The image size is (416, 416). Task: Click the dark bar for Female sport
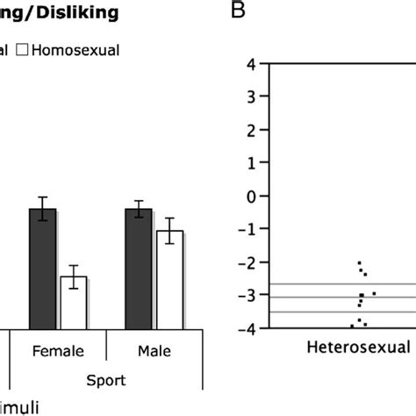43,269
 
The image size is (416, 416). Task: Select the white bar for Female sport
74,302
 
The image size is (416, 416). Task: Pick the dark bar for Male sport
139,269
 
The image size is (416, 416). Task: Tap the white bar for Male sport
169,279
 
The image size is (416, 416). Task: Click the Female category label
58,351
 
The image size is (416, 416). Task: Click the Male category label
154,351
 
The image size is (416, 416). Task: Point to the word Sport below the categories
105,381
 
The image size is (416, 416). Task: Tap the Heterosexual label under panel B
358,348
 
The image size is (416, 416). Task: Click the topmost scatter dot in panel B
359,262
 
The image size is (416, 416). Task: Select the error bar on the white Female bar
74,276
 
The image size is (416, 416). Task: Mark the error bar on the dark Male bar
139,209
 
